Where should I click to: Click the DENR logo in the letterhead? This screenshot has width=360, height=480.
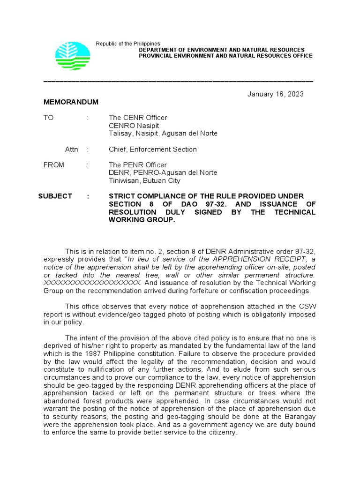coord(73,56)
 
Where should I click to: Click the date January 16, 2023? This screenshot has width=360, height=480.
coord(275,94)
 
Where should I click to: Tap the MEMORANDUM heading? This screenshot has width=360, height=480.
coord(71,102)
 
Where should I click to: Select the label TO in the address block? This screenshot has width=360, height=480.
coord(49,118)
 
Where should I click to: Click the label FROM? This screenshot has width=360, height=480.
coord(54,165)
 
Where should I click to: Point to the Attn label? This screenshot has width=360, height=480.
coord(71,150)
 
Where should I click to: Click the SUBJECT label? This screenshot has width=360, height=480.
coord(55,196)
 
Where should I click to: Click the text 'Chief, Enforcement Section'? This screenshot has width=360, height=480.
coord(152,150)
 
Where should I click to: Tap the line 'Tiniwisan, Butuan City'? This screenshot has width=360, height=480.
coord(144,180)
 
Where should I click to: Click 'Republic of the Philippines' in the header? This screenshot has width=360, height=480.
coord(127,44)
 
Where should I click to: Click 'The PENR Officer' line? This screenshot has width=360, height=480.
coord(137,165)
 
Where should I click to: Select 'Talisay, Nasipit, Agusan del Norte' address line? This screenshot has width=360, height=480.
coord(163,134)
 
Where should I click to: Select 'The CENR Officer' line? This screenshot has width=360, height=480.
coord(138,118)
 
